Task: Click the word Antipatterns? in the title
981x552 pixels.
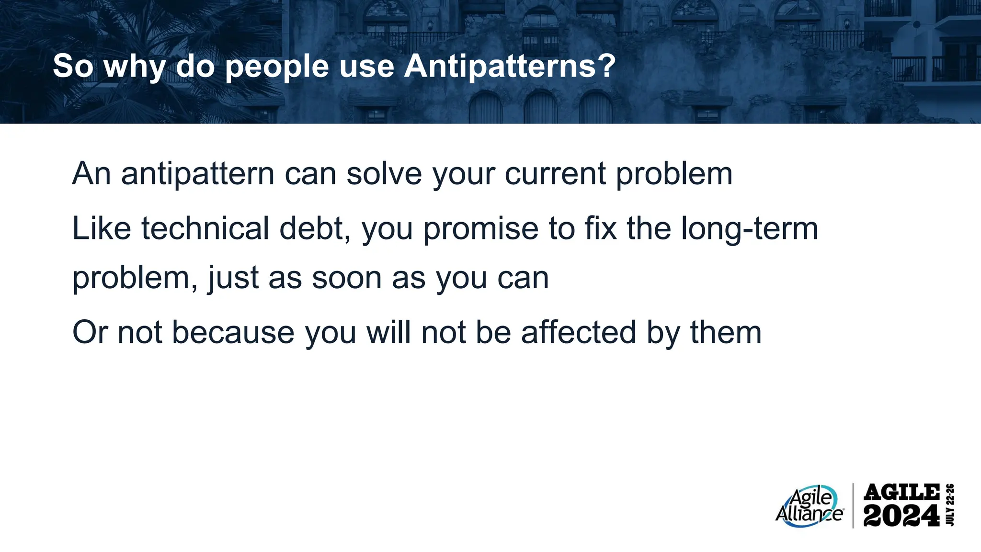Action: pos(510,66)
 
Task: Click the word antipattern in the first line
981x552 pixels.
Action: pos(197,174)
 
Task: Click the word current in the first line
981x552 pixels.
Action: pos(555,174)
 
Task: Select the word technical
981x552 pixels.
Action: pos(205,228)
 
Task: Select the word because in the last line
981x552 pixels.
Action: pos(233,333)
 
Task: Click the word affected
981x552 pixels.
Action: pos(578,333)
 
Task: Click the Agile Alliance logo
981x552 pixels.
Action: pos(809,507)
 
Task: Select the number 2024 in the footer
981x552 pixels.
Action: pos(901,516)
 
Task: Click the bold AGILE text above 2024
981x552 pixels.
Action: pos(901,492)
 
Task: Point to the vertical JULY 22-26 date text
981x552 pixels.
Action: pos(950,505)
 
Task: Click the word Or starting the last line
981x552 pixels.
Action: pos(90,333)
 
